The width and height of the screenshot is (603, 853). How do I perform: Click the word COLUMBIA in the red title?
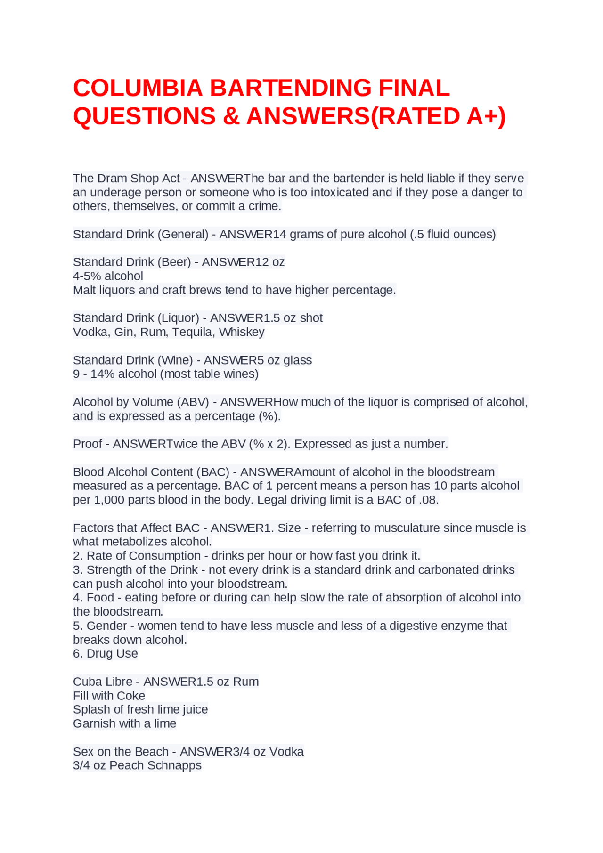pos(137,88)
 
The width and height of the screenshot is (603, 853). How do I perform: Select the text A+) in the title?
pos(486,116)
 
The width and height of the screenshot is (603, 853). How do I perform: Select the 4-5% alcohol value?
pos(108,276)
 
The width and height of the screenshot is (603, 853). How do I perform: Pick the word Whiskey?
pos(242,332)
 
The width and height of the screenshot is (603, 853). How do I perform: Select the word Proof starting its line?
pos(87,444)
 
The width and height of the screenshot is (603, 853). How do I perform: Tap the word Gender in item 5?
pos(106,626)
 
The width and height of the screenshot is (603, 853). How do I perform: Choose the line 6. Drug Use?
pos(106,654)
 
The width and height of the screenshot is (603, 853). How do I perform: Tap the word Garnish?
pos(93,724)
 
